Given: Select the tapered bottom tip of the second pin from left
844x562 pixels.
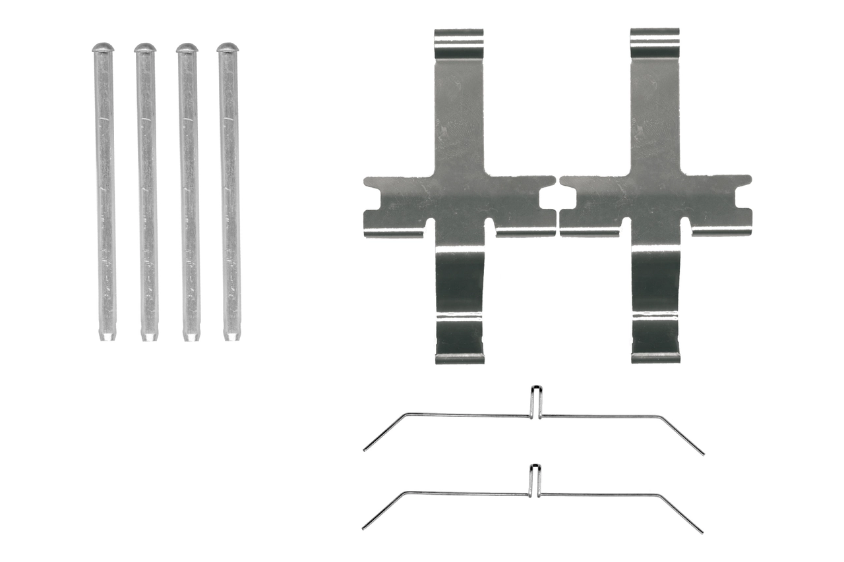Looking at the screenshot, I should pyautogui.click(x=148, y=336).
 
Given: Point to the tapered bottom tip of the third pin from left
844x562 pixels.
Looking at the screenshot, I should pyautogui.click(x=191, y=336).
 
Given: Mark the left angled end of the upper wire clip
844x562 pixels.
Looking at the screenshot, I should pyautogui.click(x=367, y=448).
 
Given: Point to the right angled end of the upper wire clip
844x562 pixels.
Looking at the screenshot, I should pyautogui.click(x=701, y=452).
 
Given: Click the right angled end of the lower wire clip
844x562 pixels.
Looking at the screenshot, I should pyautogui.click(x=700, y=530).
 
